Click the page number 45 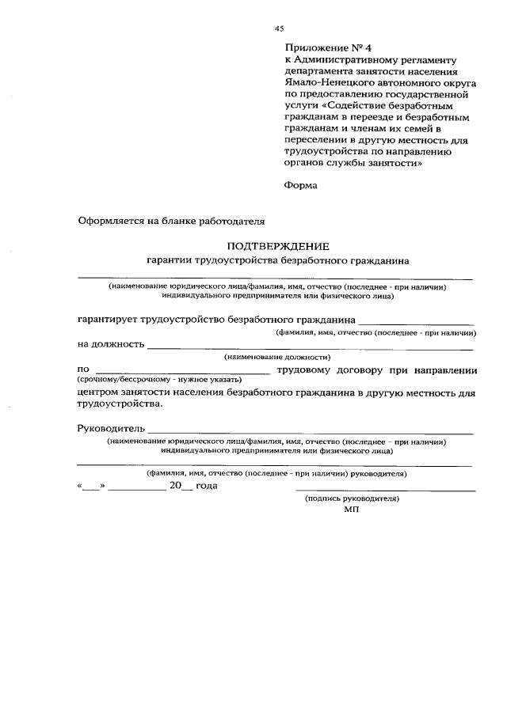coord(279,28)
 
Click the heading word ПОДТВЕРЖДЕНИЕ coord(277,246)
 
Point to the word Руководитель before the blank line coord(111,428)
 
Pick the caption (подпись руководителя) coord(353,500)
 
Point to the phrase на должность coord(111,345)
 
